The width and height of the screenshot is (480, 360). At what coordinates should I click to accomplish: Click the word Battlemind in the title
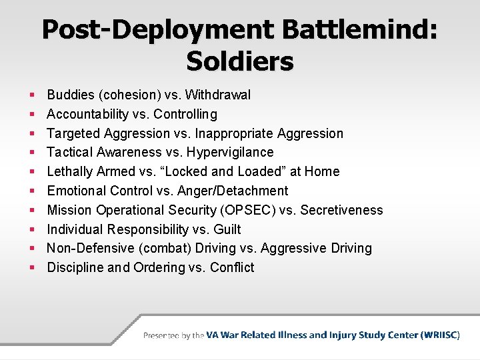(x=359, y=30)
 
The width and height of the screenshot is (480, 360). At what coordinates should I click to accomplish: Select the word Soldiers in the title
(x=240, y=61)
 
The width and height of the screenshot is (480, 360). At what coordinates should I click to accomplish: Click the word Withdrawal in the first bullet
(x=218, y=95)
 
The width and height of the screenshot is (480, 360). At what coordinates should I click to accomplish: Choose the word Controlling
(x=185, y=115)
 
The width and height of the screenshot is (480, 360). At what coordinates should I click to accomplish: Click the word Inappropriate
(x=236, y=133)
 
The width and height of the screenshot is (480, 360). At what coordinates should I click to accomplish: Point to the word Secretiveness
(x=342, y=211)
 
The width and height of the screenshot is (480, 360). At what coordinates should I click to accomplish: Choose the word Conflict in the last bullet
(x=232, y=268)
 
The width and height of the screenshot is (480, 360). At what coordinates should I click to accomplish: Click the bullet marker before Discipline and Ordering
(x=32, y=268)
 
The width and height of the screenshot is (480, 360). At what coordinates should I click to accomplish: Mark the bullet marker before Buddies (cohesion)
(x=32, y=95)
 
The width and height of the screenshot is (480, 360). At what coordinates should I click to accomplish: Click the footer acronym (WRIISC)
(x=440, y=335)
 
